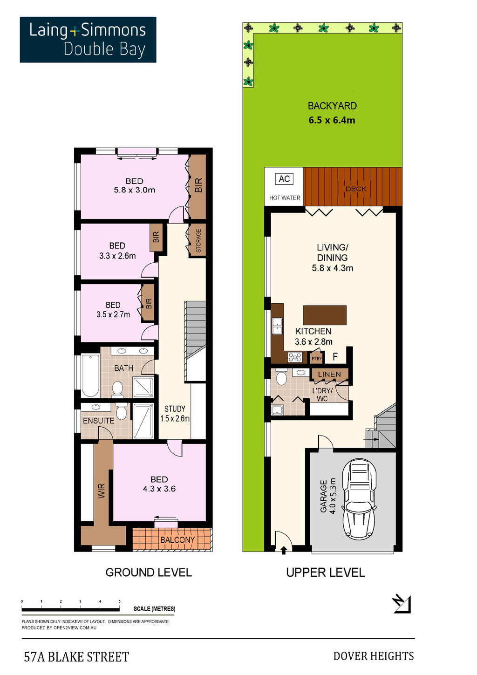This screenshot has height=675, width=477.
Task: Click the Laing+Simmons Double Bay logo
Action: [x=88, y=40]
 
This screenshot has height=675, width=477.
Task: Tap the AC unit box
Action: [x=284, y=179]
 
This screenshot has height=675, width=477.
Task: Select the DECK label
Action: [x=356, y=189]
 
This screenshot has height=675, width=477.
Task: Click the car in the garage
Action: [x=359, y=498]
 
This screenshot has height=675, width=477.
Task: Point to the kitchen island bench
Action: [x=325, y=315]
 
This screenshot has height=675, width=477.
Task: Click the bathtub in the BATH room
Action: [x=90, y=375]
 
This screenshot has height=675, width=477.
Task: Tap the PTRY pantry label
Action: [x=316, y=358]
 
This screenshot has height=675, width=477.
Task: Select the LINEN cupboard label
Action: [x=329, y=374]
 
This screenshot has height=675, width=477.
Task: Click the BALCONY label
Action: [x=177, y=540]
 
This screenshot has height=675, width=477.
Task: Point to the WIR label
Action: [x=102, y=491]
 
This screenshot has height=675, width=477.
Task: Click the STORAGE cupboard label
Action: [x=198, y=240]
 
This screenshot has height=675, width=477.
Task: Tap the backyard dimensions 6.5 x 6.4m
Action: [x=332, y=120]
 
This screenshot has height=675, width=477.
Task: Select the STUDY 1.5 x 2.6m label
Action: [x=175, y=414]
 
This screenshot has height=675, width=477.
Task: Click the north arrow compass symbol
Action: [x=401, y=604]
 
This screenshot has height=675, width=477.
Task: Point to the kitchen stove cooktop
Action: [x=294, y=357]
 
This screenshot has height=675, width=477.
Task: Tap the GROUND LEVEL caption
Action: [x=149, y=573]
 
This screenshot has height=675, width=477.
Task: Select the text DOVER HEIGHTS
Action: [x=373, y=656]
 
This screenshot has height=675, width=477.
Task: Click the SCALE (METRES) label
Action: [x=154, y=609]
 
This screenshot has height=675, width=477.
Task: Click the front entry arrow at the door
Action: [x=284, y=551]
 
